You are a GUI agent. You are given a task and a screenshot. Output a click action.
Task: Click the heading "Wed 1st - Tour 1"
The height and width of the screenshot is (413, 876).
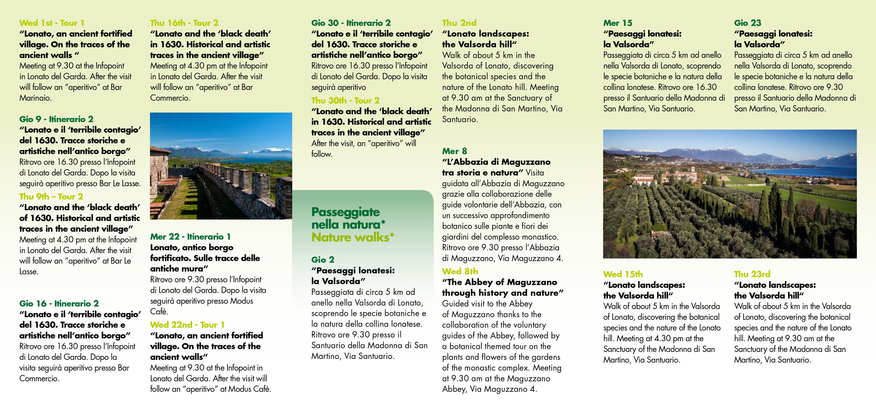pos(52,23)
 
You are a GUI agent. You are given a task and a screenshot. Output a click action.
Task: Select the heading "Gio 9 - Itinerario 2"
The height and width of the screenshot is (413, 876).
pos(56,119)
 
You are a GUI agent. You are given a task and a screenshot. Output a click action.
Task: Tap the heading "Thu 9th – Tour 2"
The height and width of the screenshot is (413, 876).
pos(51,197)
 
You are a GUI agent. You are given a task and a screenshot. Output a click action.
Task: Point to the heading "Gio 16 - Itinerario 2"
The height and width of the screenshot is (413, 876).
pos(59,303)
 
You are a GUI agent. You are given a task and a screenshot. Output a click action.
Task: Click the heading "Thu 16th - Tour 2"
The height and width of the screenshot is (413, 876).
pos(184,23)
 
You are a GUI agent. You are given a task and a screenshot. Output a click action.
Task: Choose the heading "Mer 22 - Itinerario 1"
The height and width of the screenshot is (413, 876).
pos(190,237)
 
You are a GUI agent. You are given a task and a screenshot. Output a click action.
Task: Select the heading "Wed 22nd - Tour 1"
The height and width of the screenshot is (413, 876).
pos(187,325)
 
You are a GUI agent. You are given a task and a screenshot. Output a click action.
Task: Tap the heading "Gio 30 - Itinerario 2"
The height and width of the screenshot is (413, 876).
pos(351,23)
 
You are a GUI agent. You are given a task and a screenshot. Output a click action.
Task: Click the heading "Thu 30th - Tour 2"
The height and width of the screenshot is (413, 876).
pos(345,101)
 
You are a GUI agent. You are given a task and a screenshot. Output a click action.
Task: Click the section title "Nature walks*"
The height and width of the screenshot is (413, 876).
pos(353,237)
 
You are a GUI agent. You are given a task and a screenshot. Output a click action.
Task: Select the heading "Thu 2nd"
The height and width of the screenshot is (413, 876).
pos(459,23)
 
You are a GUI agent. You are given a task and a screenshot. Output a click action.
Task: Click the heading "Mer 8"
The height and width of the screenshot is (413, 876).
pos(454,151)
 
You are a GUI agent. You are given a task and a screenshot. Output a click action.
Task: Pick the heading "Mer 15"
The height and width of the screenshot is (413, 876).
pos(618,23)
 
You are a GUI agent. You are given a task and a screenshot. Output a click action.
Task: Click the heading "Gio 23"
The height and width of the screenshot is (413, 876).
pos(747,23)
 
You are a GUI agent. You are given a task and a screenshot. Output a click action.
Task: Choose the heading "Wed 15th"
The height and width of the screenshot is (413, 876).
pos(623,274)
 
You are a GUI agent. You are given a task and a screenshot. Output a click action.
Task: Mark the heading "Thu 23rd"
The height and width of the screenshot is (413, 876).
pos(752,274)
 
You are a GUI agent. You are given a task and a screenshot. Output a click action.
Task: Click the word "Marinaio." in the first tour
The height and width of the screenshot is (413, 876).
pos(35,98)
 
